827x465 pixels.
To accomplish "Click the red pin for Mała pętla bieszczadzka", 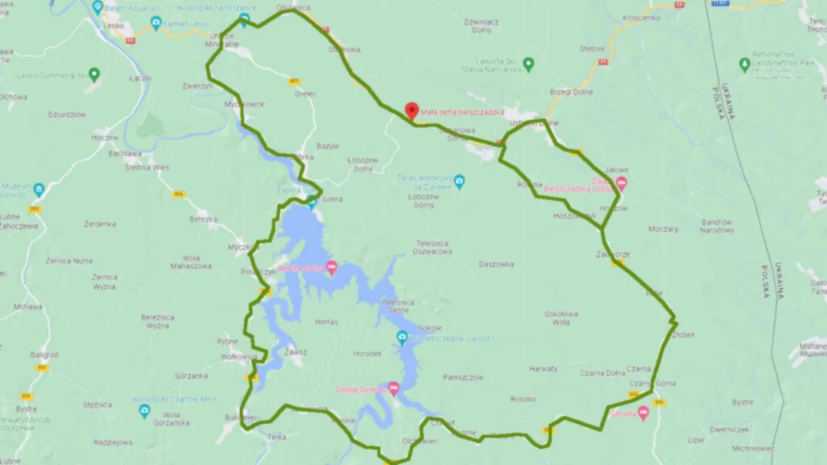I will pyautogui.click(x=412, y=111).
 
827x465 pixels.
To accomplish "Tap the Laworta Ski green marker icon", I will pyautogui.click(x=529, y=64).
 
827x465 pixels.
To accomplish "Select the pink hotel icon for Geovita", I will pyautogui.click(x=643, y=413).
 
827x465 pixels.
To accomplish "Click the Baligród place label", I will pyautogui.click(x=44, y=355).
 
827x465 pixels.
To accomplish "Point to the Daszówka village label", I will pyautogui.click(x=496, y=264).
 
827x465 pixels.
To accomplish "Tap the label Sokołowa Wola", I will pyautogui.click(x=561, y=318).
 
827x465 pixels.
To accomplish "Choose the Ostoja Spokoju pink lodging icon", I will pyautogui.click(x=393, y=388).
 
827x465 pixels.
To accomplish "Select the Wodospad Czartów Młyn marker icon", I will pyautogui.click(x=144, y=411).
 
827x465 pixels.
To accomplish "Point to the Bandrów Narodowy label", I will pyautogui.click(x=717, y=226).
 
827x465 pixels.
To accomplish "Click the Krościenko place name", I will pyautogui.click(x=641, y=18).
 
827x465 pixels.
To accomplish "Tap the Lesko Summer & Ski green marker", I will pyautogui.click(x=94, y=74).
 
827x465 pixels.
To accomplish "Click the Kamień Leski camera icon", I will pyautogui.click(x=156, y=24).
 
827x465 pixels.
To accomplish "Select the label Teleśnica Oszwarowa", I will pyautogui.click(x=432, y=247).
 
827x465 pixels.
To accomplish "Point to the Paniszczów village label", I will pyautogui.click(x=463, y=377).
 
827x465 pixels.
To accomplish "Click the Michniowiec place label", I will pyautogui.click(x=753, y=448).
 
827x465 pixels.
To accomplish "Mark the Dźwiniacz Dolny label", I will pyautogui.click(x=481, y=25).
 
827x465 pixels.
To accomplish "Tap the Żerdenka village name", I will pyautogui.click(x=100, y=224).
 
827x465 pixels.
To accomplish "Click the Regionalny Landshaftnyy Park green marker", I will pyautogui.click(x=744, y=64).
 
